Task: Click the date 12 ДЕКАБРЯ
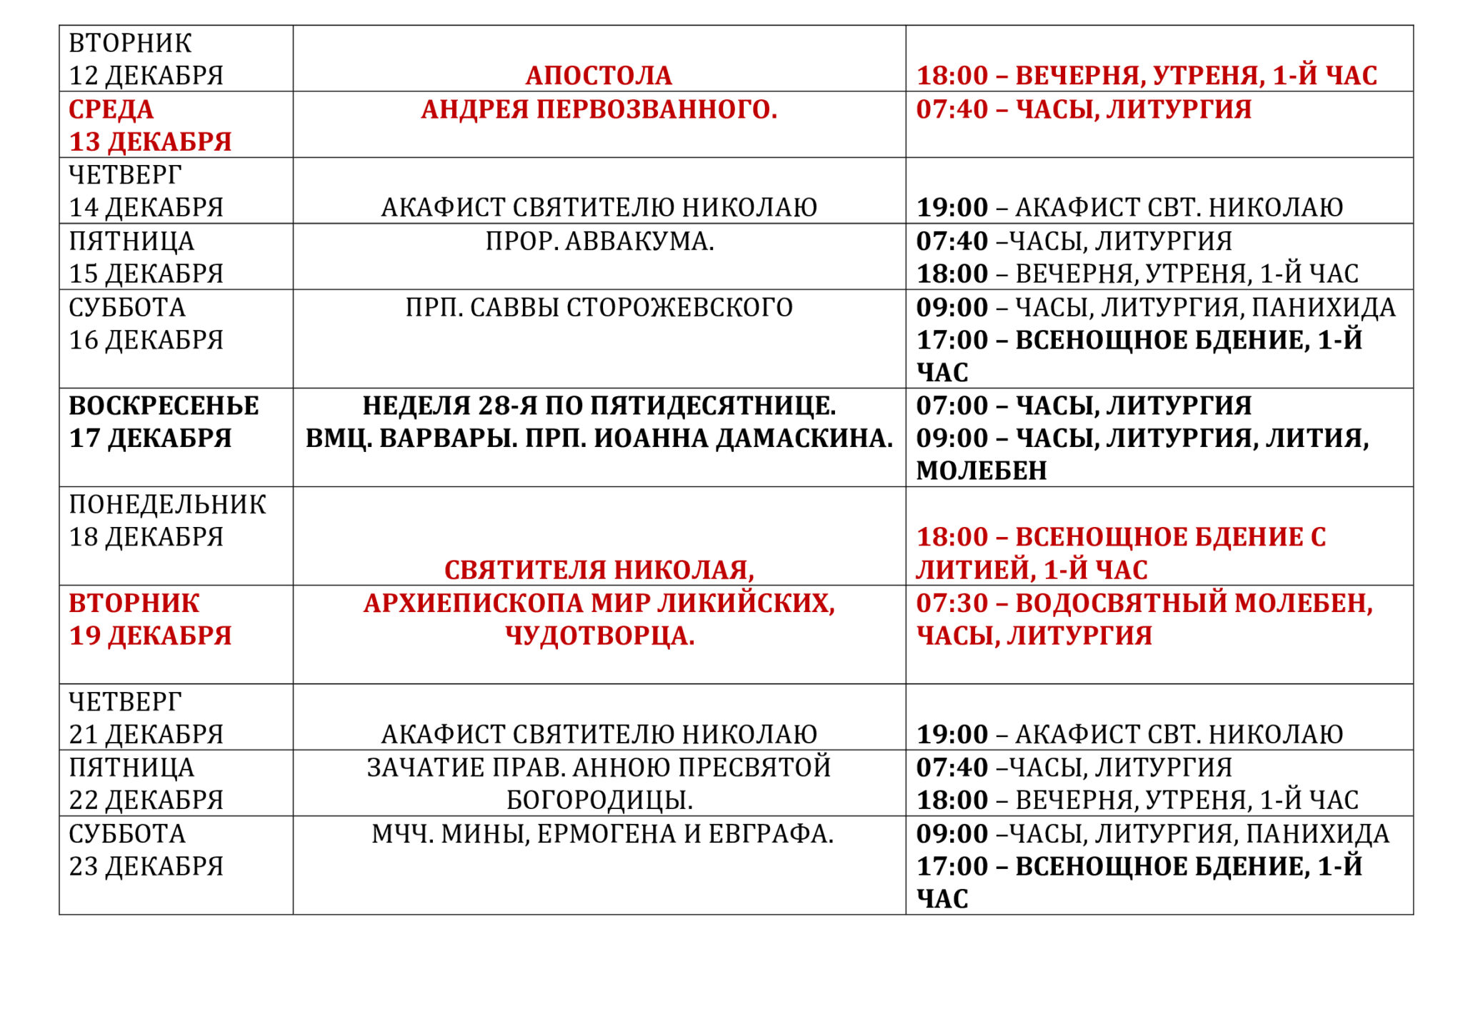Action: click(x=146, y=75)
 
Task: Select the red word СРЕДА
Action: click(x=111, y=109)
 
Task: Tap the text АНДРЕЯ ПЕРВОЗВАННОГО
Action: click(x=599, y=109)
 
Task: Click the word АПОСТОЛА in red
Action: click(x=599, y=75)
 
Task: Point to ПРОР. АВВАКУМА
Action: click(x=599, y=241)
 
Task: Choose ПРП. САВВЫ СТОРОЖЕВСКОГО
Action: click(x=599, y=307)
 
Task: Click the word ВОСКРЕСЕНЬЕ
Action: click(x=164, y=406)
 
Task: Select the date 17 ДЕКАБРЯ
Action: click(x=150, y=438)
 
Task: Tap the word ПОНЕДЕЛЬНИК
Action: click(x=167, y=504)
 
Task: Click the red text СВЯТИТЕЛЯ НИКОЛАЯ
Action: click(x=599, y=570)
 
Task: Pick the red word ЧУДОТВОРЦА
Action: click(x=599, y=636)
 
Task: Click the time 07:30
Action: click(x=952, y=603)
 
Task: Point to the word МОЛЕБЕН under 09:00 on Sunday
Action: click(x=982, y=471)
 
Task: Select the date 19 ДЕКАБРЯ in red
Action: click(x=150, y=636)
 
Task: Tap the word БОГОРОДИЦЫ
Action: click(x=599, y=800)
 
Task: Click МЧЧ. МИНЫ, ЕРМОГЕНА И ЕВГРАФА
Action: click(x=602, y=833)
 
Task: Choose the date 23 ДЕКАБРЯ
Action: click(x=146, y=866)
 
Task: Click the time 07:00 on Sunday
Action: click(x=952, y=406)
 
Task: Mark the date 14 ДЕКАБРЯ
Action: click(x=146, y=207)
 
